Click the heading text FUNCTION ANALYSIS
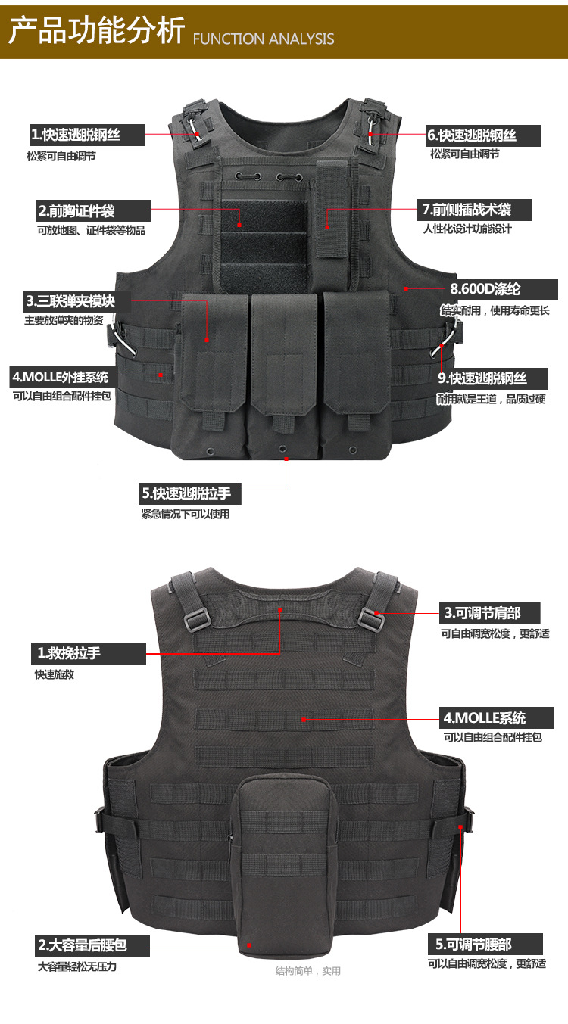tap(264, 39)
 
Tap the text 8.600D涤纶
tap(485, 288)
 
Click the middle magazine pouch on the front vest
tap(284, 371)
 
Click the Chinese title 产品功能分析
tap(96, 33)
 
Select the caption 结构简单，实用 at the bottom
tap(307, 971)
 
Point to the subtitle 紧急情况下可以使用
tap(185, 515)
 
